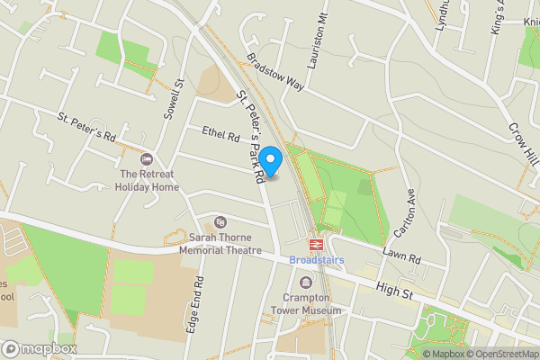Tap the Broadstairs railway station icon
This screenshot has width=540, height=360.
point(316,244)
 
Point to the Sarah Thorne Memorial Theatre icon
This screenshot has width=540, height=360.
point(220,222)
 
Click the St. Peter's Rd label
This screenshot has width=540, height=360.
point(87,128)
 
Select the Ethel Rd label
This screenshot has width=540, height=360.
point(220,136)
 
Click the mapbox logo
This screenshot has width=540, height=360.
point(40,348)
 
